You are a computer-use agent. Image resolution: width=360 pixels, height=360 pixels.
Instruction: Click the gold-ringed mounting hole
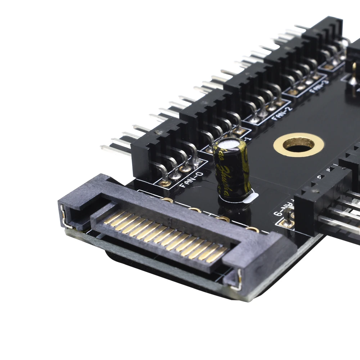click(298, 145)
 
